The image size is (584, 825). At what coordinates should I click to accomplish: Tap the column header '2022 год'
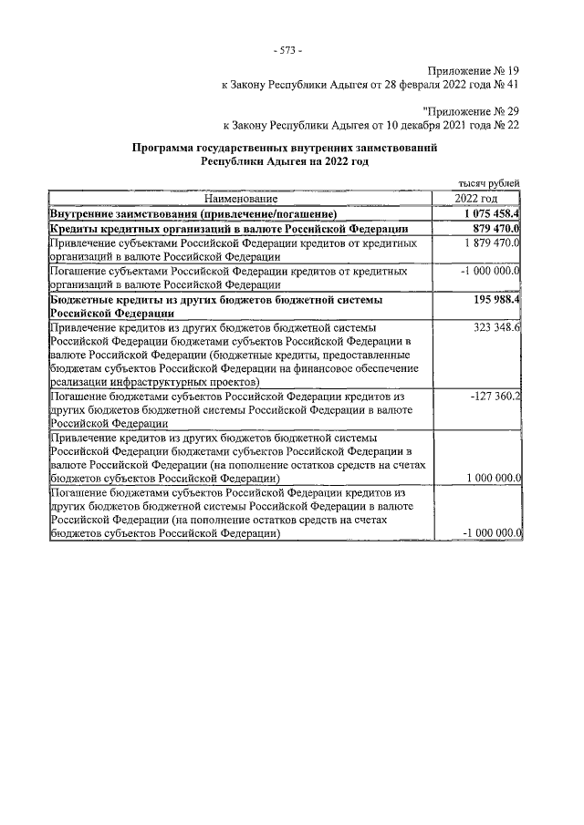click(475, 198)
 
